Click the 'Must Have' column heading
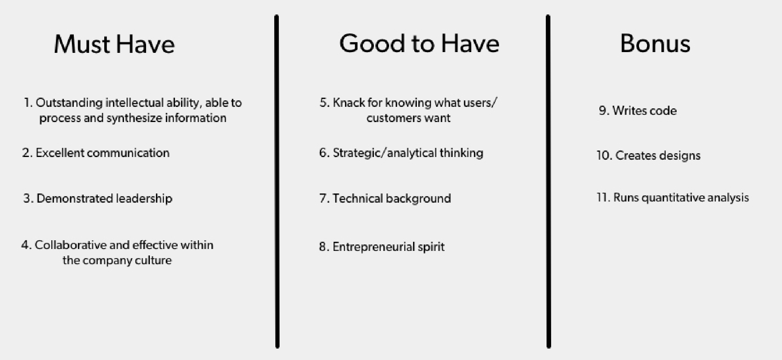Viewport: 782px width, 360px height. pyautogui.click(x=114, y=44)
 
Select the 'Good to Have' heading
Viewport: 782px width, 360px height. pyautogui.click(x=419, y=43)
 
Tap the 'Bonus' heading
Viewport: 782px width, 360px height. pyautogui.click(x=655, y=44)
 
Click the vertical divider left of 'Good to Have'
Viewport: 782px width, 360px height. pyautogui.click(x=277, y=182)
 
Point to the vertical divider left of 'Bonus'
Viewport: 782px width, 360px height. pyautogui.click(x=548, y=182)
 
